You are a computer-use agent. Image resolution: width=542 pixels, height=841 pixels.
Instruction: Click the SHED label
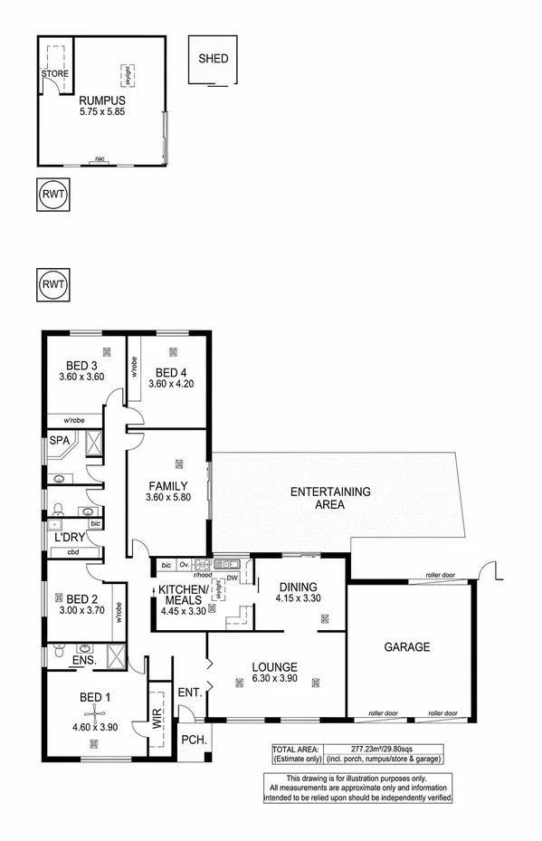tap(214, 60)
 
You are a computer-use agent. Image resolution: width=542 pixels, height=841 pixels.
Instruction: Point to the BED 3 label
tap(77, 365)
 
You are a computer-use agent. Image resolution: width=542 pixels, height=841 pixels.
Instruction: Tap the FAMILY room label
tap(167, 485)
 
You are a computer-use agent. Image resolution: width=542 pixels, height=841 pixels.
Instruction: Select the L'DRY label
tap(70, 538)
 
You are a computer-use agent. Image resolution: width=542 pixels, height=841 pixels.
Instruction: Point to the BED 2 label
tap(81, 598)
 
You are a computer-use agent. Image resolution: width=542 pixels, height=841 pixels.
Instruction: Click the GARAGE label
tap(406, 647)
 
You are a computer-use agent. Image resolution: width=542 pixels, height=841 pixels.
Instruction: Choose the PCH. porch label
tap(193, 740)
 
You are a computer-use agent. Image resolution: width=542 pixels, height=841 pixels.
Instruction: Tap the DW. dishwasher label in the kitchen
tap(233, 578)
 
